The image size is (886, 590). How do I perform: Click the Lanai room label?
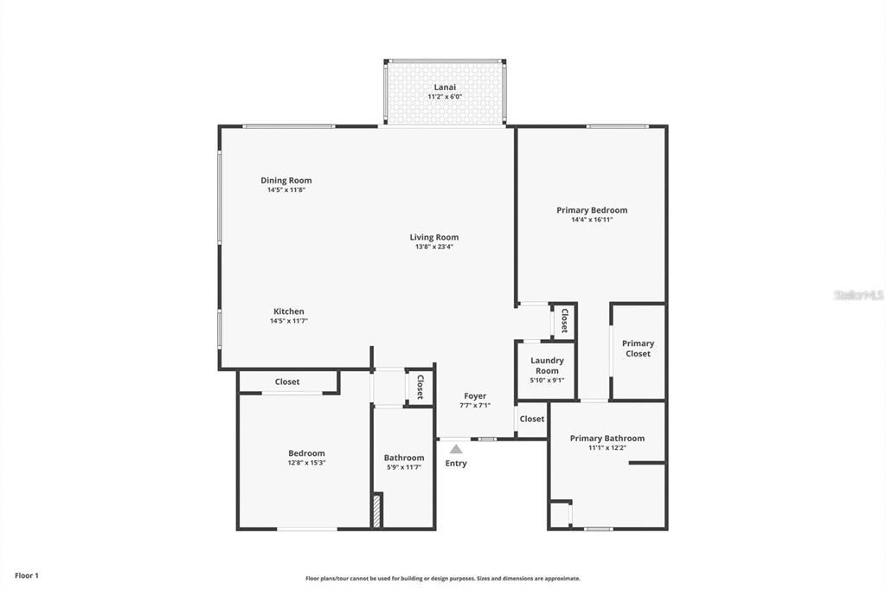(x=445, y=87)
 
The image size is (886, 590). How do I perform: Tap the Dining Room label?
(x=286, y=181)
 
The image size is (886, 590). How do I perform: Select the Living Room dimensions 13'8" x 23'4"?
(x=434, y=247)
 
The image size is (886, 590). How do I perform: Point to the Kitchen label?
(x=289, y=311)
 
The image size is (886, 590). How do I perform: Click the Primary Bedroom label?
(x=592, y=210)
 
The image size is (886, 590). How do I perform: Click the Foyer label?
(x=475, y=396)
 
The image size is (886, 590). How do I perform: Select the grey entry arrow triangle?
(x=456, y=448)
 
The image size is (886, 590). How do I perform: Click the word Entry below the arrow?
(x=456, y=464)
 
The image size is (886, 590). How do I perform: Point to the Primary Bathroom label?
(x=607, y=439)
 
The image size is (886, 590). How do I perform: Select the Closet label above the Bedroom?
(x=287, y=382)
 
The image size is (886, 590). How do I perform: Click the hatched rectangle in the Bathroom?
(x=376, y=510)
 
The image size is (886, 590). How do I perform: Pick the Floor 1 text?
(x=27, y=575)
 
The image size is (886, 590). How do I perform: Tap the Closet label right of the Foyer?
(x=532, y=419)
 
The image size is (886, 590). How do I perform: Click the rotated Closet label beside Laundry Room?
(x=564, y=321)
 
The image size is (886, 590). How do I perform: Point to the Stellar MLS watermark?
(x=858, y=295)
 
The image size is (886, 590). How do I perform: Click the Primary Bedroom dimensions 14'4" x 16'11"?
(x=592, y=220)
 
